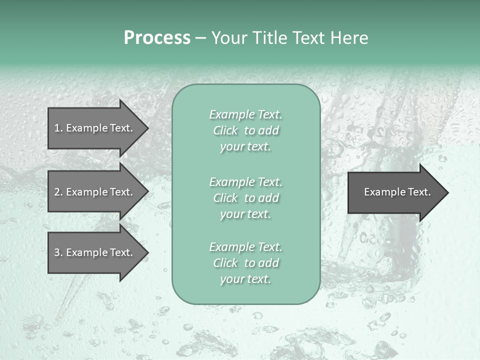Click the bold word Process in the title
pyautogui.click(x=157, y=38)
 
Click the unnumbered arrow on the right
pyautogui.click(x=395, y=192)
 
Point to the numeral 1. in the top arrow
pyautogui.click(x=58, y=128)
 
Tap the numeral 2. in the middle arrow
pyautogui.click(x=58, y=192)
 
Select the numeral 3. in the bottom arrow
pyautogui.click(x=58, y=252)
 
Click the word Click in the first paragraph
pyautogui.click(x=225, y=130)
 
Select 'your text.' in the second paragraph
pyautogui.click(x=245, y=214)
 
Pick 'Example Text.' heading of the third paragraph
pyautogui.click(x=245, y=247)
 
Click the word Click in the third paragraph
pyautogui.click(x=225, y=263)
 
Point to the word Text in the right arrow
pyautogui.click(x=419, y=192)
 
